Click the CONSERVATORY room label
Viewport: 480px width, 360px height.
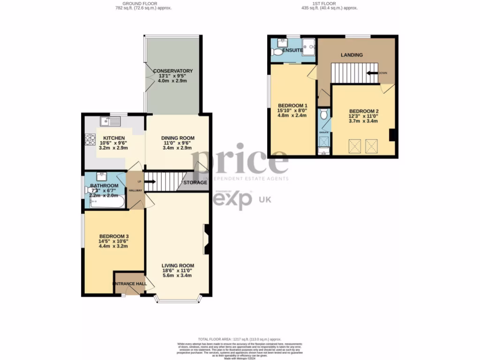click(172, 71)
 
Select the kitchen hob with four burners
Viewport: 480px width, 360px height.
click(90, 140)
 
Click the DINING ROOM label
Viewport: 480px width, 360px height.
click(178, 138)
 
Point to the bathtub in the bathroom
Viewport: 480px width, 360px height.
click(107, 203)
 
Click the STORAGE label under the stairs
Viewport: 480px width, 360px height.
click(195, 183)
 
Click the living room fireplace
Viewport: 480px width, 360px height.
click(206, 240)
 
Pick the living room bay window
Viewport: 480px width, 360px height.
click(178, 299)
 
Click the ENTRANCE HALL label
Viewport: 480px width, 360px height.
click(129, 284)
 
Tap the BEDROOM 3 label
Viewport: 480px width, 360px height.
click(113, 236)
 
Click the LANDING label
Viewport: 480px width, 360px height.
click(352, 55)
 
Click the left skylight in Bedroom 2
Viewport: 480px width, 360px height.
click(354, 146)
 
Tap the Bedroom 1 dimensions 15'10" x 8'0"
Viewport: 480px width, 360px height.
click(292, 110)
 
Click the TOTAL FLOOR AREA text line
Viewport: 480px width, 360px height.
click(239, 339)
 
